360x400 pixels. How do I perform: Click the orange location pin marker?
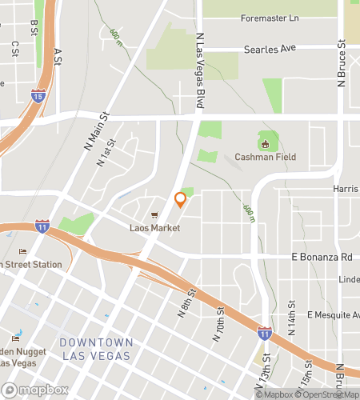pyautogui.click(x=181, y=201)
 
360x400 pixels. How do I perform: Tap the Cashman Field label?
pyautogui.click(x=266, y=158)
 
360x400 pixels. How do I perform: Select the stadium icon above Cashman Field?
pyautogui.click(x=266, y=143)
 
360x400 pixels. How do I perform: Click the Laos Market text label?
pyautogui.click(x=155, y=228)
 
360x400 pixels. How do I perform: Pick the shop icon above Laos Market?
pyautogui.click(x=155, y=215)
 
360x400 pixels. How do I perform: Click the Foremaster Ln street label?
pyautogui.click(x=269, y=18)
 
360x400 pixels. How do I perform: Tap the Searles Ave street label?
pyautogui.click(x=270, y=49)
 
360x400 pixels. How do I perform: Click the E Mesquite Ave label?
pyautogui.click(x=334, y=315)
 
